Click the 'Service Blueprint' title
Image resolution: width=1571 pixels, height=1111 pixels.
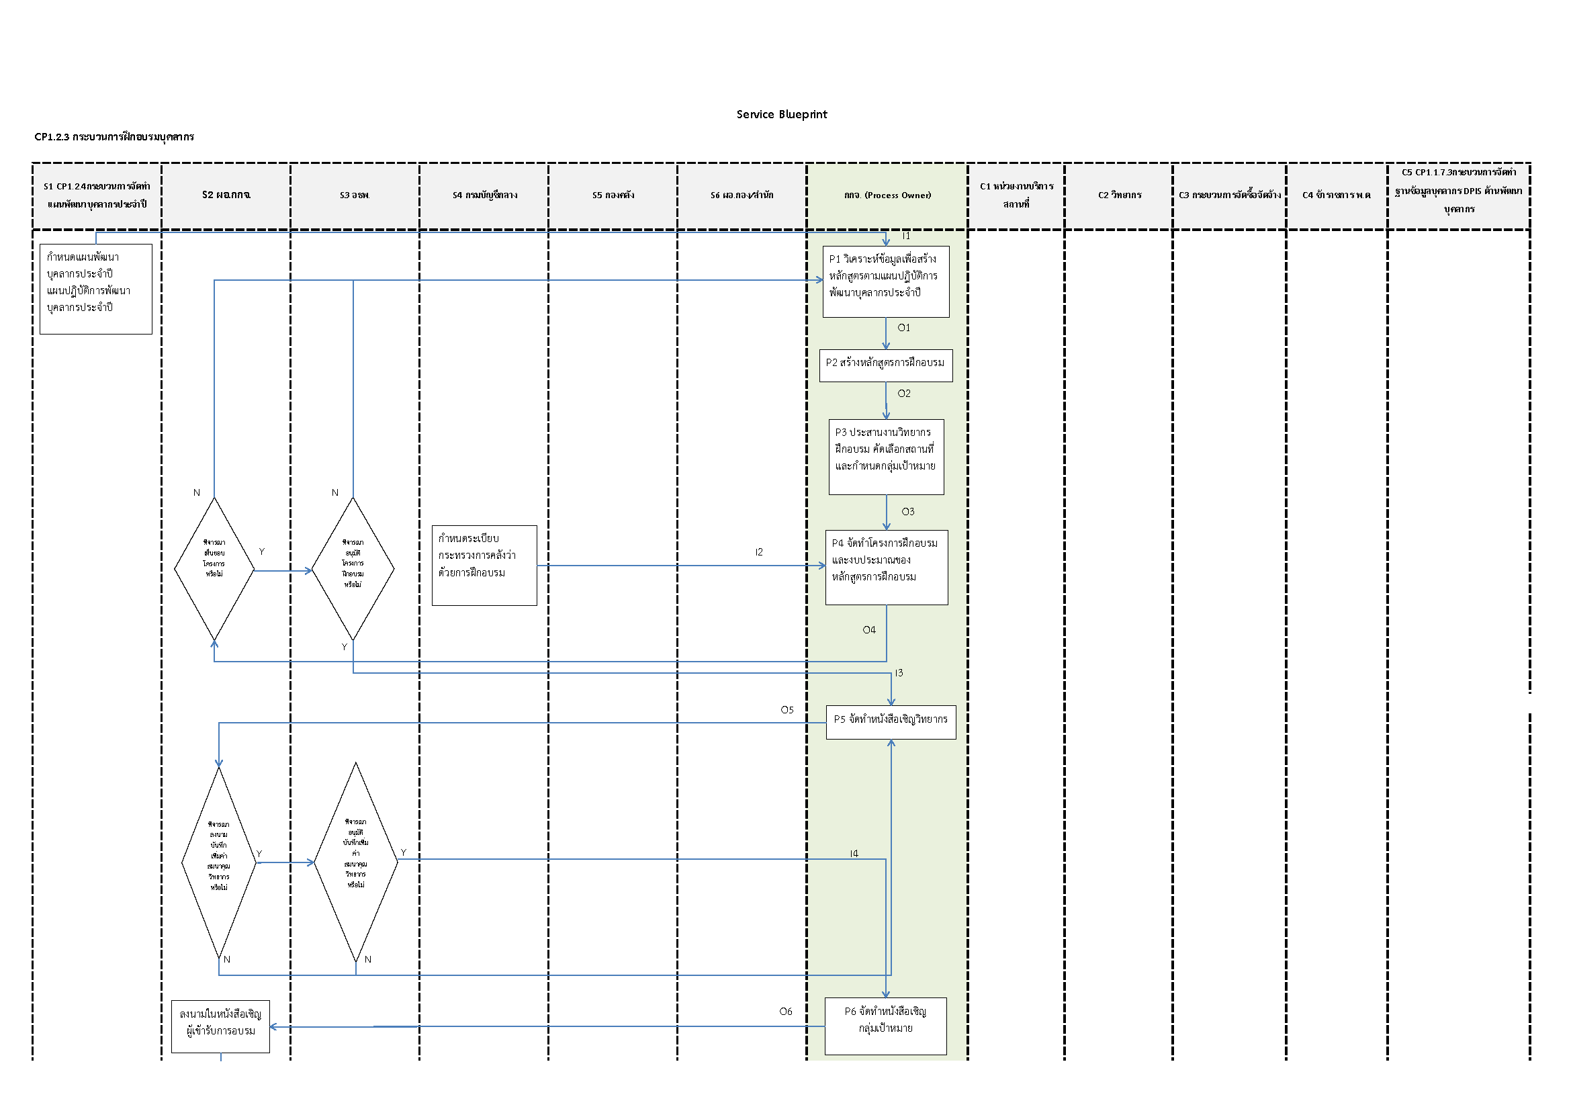[x=781, y=114]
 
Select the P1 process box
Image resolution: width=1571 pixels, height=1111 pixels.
[x=885, y=281]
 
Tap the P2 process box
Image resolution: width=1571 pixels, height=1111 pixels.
[x=885, y=365]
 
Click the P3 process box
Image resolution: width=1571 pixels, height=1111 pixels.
[x=886, y=456]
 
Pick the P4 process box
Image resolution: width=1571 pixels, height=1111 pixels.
[x=886, y=567]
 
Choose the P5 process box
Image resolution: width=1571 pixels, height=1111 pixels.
[x=890, y=721]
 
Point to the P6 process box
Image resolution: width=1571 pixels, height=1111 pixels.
[x=885, y=1026]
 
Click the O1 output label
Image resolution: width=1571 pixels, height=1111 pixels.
[x=904, y=328]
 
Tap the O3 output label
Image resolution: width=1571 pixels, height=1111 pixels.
[x=907, y=512]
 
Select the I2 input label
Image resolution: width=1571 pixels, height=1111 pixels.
[x=759, y=552]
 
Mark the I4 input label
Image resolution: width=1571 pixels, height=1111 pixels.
[x=854, y=853]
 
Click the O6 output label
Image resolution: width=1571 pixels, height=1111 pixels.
[x=786, y=1011]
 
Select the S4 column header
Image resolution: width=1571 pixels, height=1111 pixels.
[x=484, y=195]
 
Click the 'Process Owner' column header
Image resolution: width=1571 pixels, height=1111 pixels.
[x=887, y=195]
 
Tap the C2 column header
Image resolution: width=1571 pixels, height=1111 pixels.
[x=1120, y=195]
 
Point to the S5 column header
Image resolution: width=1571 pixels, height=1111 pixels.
[x=613, y=195]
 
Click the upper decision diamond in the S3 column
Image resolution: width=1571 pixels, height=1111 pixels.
[x=353, y=568]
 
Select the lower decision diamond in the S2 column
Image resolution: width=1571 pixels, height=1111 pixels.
[x=219, y=862]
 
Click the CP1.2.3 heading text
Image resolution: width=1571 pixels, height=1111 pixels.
[x=114, y=137]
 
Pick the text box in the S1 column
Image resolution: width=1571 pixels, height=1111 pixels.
[x=96, y=289]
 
